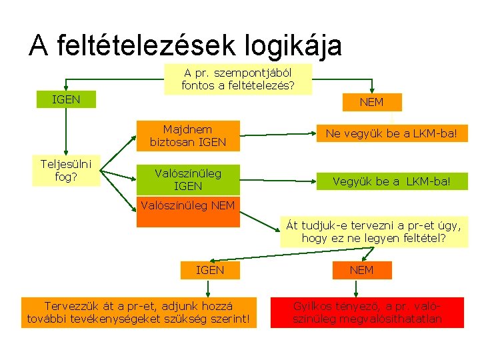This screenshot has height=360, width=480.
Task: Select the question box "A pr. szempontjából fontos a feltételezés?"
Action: pos(237,79)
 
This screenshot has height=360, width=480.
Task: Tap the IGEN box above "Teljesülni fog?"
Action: pos(67,99)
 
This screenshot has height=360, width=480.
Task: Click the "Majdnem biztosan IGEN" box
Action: pos(188,135)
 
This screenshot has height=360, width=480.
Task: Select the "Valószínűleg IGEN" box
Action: pos(188,179)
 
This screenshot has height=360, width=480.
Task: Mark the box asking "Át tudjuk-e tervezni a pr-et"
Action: pos(373,231)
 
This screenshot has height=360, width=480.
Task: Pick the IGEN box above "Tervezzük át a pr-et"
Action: pos(209,270)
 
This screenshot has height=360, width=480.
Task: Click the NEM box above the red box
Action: pos(362,270)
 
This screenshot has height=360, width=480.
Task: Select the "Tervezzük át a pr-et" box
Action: pos(139,313)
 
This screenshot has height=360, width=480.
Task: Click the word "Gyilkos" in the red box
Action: pos(313,307)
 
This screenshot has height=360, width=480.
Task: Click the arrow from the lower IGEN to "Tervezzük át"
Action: pos(209,288)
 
